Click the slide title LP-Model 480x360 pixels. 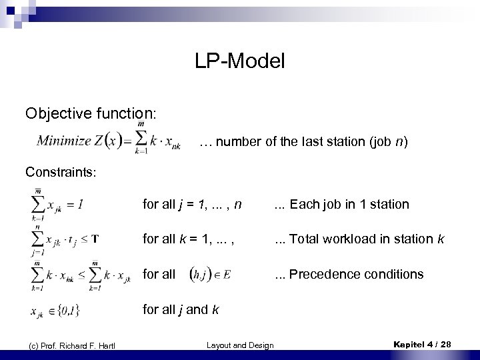[x=240, y=62]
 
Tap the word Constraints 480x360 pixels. [x=61, y=172]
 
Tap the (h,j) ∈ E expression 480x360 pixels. [x=211, y=275]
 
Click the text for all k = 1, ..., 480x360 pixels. [x=184, y=239]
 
